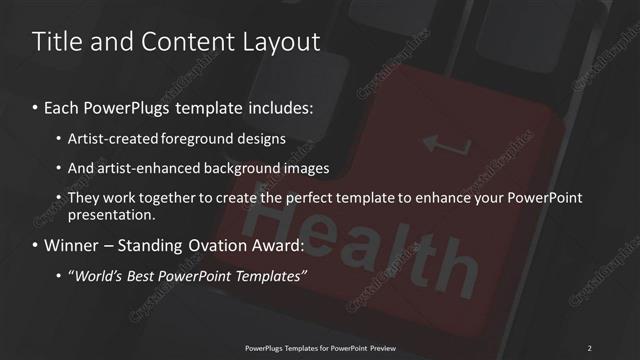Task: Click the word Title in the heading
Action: [x=56, y=42]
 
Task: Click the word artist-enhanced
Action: [x=138, y=168]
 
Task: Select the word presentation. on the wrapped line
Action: [x=112, y=214]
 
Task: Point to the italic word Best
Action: [x=152, y=276]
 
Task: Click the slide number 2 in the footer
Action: [x=589, y=347]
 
